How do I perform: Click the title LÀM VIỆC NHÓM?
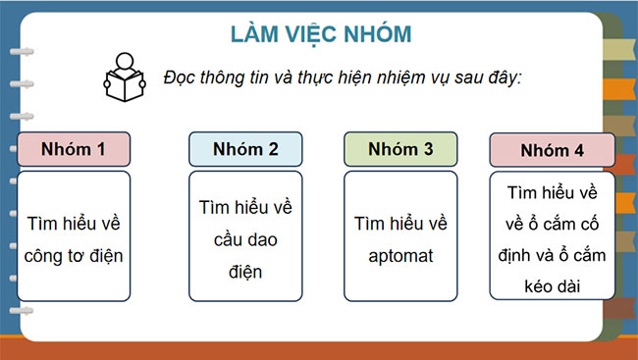tap(320, 33)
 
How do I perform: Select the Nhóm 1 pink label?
tap(74, 150)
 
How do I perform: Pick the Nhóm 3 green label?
tap(399, 149)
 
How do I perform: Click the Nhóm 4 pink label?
tap(552, 151)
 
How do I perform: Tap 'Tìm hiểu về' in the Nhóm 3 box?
tap(400, 225)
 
